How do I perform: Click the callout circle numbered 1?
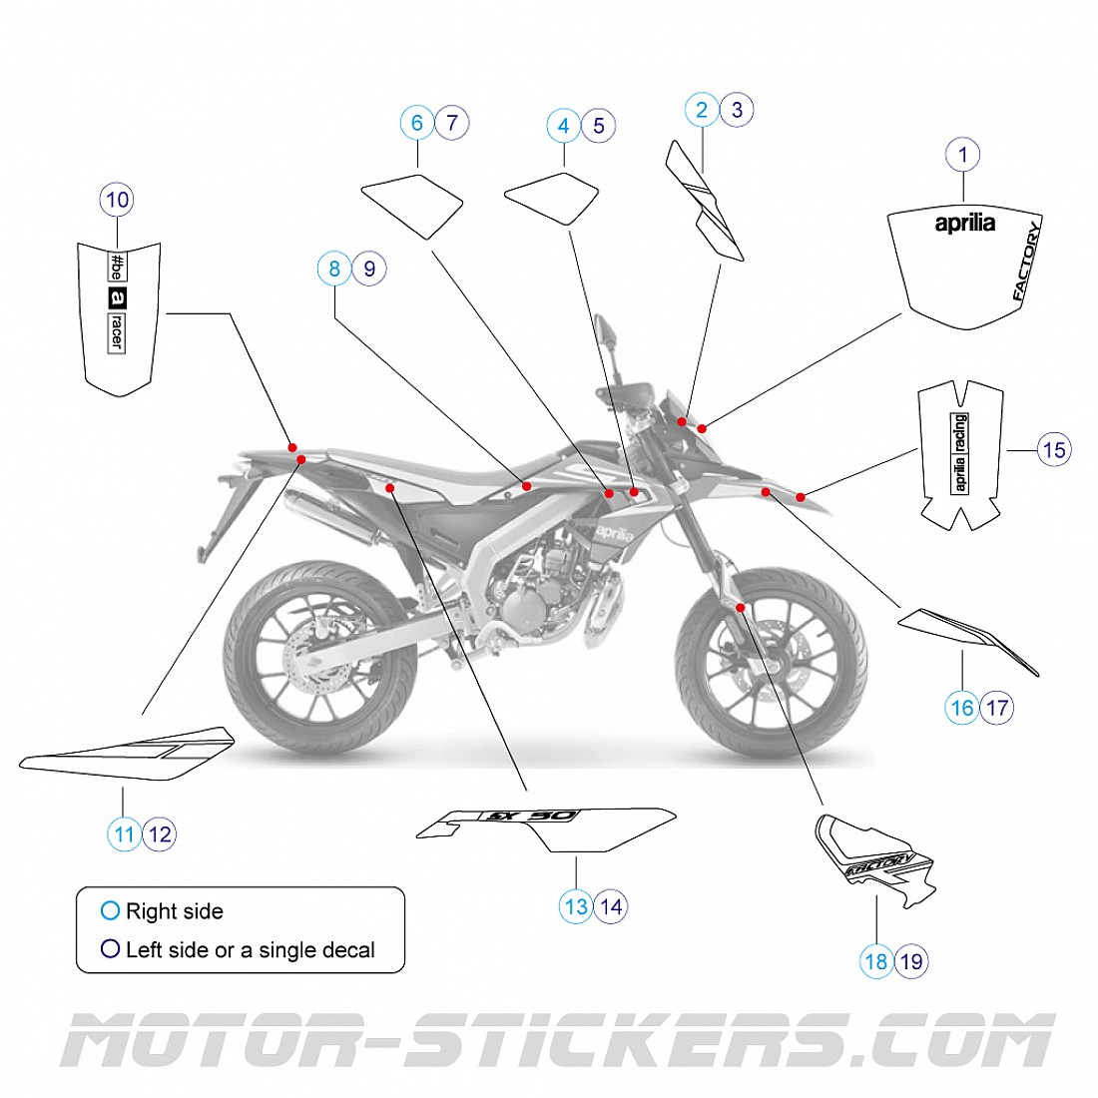963,155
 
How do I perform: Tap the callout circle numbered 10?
117,200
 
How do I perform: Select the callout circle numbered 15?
1053,450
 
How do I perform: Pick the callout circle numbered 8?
334,269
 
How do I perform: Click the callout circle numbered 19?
911,961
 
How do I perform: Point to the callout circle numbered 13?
576,906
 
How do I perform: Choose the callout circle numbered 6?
417,123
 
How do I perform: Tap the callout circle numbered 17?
997,708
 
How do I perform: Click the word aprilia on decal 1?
964,223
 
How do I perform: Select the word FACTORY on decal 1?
1026,262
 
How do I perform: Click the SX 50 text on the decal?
531,816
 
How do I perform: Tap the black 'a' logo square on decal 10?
117,297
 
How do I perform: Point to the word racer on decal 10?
117,331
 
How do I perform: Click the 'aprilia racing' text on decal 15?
959,452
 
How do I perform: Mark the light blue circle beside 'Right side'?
110,910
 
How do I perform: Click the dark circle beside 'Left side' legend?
110,949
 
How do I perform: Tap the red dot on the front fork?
740,607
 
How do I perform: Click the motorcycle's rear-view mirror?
605,330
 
